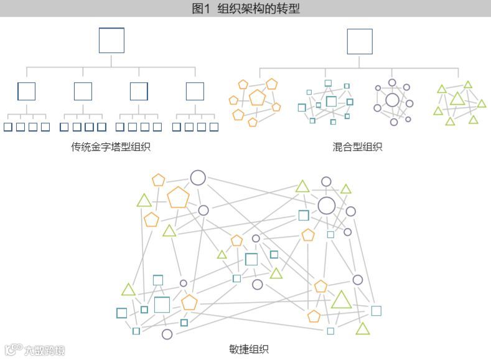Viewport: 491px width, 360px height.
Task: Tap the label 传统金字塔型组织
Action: [111, 148]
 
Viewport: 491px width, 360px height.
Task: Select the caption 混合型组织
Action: [357, 148]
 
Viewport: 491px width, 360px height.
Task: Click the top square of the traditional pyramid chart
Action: [111, 40]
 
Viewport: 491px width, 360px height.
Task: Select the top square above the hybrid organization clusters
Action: [359, 42]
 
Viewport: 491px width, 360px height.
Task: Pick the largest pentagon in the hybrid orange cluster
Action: [256, 98]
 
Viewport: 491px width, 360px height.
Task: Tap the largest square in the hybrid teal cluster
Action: [331, 101]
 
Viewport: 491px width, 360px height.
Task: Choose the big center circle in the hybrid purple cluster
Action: [392, 100]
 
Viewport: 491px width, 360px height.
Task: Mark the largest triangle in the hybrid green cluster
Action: [457, 98]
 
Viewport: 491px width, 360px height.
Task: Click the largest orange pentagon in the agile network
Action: [178, 197]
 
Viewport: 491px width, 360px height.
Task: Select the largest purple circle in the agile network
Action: [327, 205]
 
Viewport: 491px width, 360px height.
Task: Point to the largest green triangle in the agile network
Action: [341, 300]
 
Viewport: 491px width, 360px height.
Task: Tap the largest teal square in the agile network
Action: [162, 305]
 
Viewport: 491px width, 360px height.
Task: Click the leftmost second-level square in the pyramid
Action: [27, 92]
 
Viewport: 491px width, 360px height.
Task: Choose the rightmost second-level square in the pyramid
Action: [195, 92]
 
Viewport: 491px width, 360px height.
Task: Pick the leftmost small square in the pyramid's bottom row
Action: [8, 127]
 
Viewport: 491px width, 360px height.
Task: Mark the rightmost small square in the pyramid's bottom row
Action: [214, 127]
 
